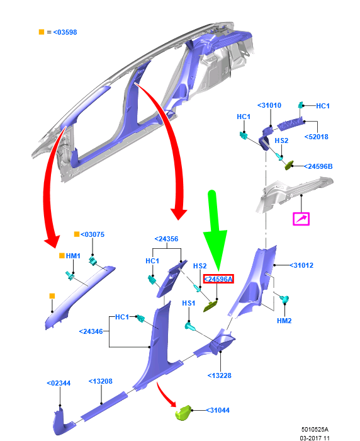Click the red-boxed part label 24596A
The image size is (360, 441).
pyautogui.click(x=218, y=279)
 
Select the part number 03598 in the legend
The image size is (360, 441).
pyautogui.click(x=65, y=32)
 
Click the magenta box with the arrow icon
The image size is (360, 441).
pyautogui.click(x=301, y=219)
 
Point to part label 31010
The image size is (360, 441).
pyautogui.click(x=269, y=105)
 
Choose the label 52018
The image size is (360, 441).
pyautogui.click(x=317, y=137)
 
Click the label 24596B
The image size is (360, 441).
pyautogui.click(x=318, y=166)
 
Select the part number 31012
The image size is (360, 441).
pyautogui.click(x=301, y=265)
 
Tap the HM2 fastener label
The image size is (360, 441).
pyautogui.click(x=284, y=321)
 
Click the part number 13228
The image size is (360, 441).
pyautogui.click(x=219, y=375)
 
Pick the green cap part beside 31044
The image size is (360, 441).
pyautogui.click(x=183, y=413)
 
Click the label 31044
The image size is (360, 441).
pyautogui.click(x=218, y=410)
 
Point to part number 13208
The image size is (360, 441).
pyautogui.click(x=100, y=381)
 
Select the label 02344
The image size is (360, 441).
pyautogui.click(x=59, y=383)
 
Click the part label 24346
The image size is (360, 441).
pyautogui.click(x=91, y=331)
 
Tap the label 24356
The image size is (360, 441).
pyautogui.click(x=166, y=239)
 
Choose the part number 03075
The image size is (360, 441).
pyautogui.click(x=93, y=234)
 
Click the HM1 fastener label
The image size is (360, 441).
pyautogui.click(x=73, y=256)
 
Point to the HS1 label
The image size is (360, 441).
pyautogui.click(x=189, y=303)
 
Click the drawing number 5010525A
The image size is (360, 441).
pyautogui.click(x=315, y=430)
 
